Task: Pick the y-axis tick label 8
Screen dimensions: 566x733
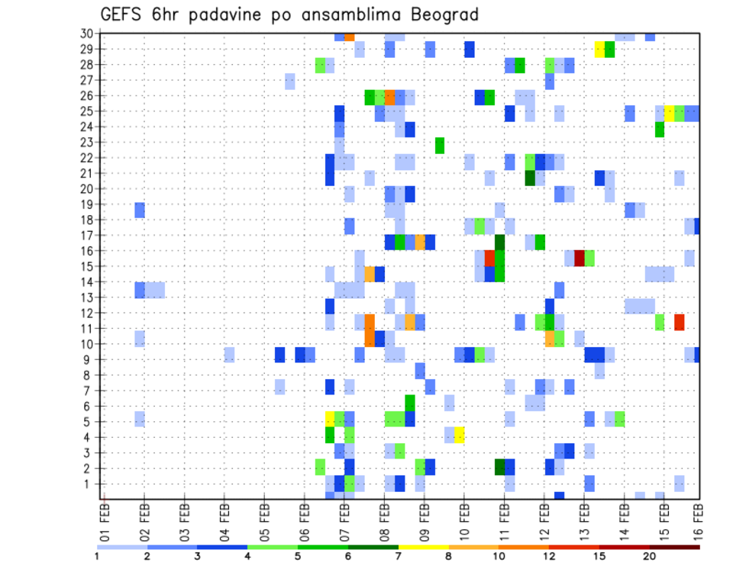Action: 89,375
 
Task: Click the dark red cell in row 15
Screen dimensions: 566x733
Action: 580,258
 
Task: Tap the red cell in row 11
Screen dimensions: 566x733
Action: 680,321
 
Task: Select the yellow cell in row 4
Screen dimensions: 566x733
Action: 460,435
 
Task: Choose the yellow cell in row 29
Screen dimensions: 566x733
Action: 599,50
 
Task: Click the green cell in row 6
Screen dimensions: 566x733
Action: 410,402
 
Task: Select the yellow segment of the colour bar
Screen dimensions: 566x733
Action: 423,546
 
